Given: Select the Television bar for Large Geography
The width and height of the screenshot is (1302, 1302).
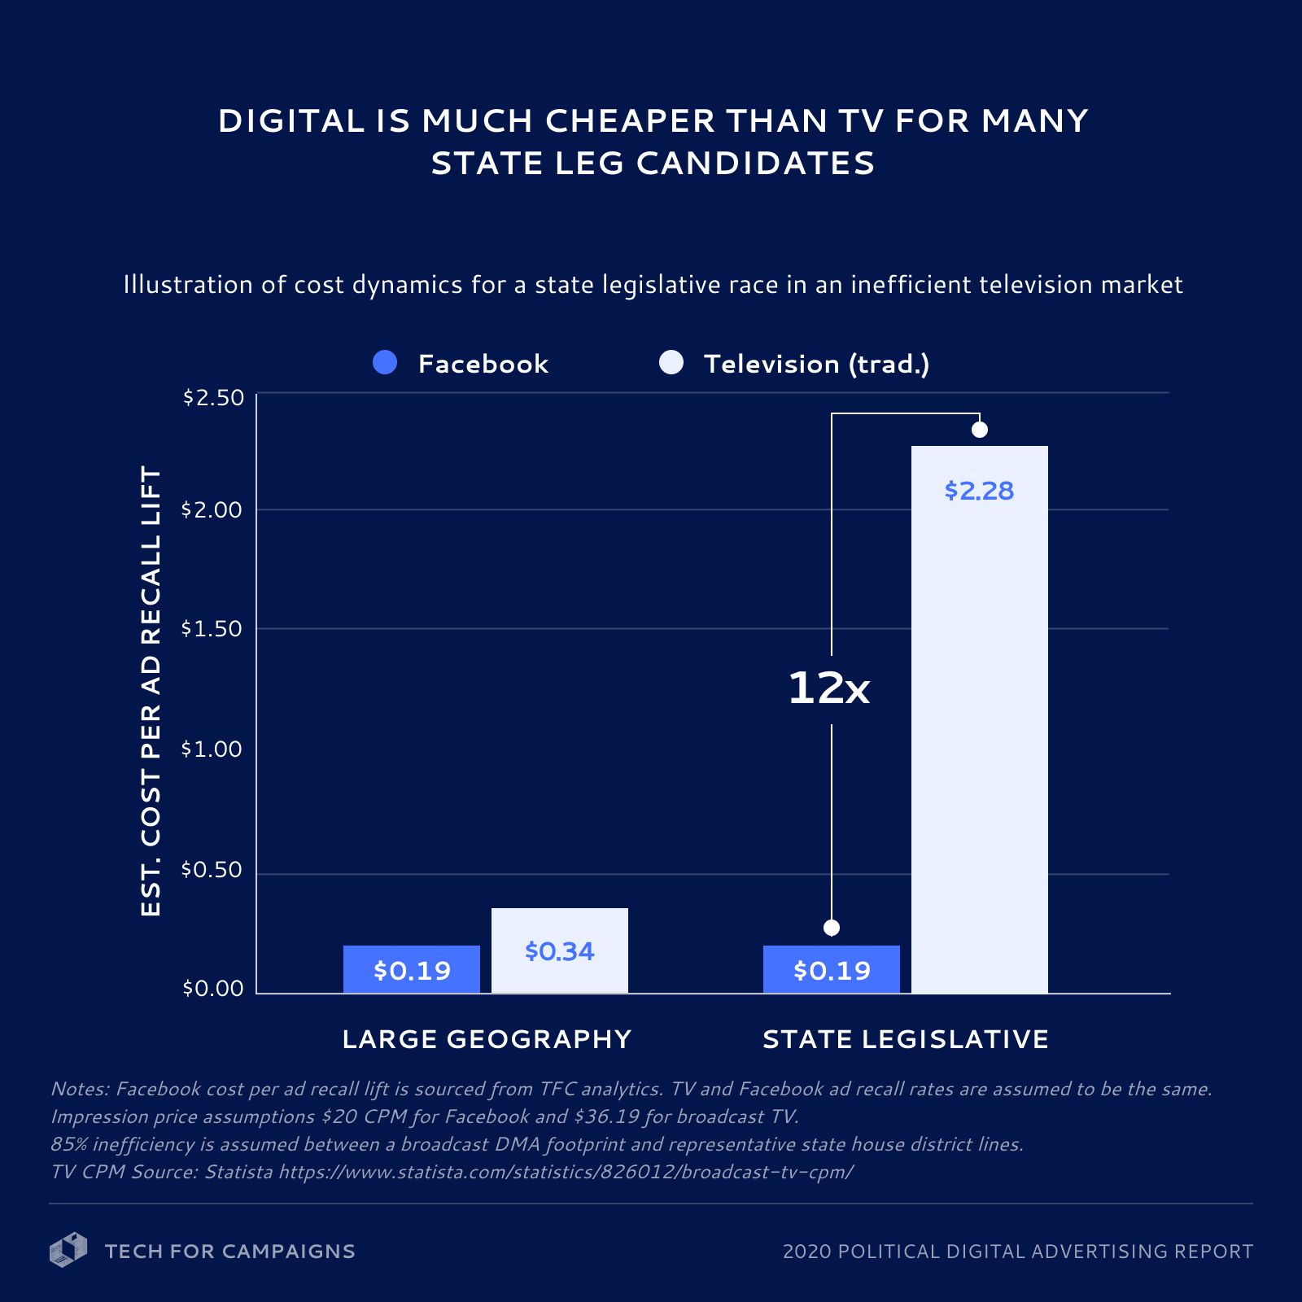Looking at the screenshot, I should [559, 950].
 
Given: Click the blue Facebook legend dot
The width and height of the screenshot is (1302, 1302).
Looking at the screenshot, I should [385, 363].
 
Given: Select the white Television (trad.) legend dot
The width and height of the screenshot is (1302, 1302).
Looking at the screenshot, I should [671, 363].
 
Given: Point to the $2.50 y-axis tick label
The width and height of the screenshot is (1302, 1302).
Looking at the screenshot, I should [213, 397].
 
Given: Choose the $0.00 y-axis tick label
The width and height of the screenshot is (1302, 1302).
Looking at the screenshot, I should [213, 988].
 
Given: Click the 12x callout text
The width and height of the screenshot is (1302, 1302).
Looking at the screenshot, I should [828, 688].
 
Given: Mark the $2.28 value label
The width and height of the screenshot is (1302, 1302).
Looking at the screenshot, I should [979, 491].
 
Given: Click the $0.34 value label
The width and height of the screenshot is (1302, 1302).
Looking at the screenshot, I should [559, 950].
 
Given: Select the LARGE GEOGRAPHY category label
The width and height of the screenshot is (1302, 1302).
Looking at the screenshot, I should [487, 1039].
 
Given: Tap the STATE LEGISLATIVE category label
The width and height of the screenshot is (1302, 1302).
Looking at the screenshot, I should [906, 1039].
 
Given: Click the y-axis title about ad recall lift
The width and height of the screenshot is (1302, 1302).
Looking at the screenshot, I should [151, 692].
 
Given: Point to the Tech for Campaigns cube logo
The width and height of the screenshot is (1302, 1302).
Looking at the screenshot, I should [68, 1250].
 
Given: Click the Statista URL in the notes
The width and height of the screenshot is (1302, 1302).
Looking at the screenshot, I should [566, 1172].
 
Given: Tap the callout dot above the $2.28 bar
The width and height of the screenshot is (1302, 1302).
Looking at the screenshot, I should [980, 430].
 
